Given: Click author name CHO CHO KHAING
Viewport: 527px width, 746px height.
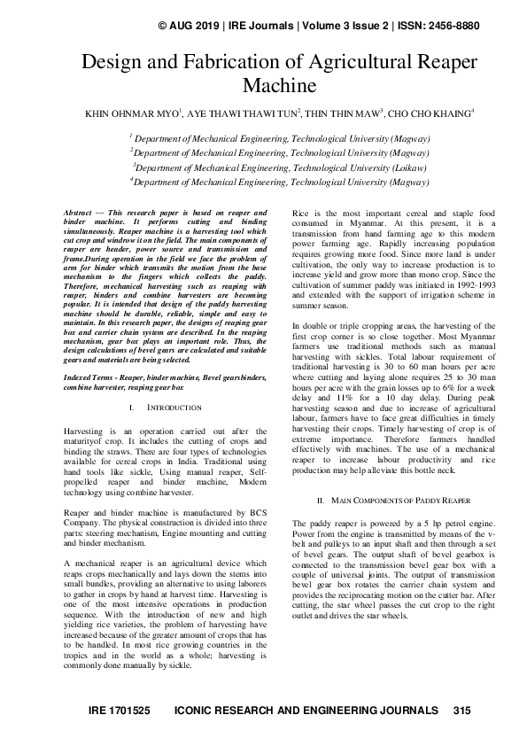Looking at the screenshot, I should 430,113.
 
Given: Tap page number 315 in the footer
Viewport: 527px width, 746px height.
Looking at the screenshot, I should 461,711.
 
